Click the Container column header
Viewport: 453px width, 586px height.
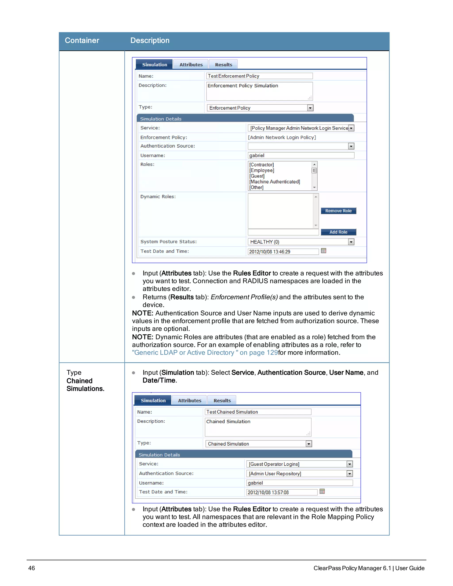(82, 40)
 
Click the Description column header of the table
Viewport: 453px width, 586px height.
(150, 40)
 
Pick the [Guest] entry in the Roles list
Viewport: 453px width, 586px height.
(257, 176)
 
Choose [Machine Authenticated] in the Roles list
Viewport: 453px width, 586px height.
(274, 182)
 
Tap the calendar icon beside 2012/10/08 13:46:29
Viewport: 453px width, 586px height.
(323, 251)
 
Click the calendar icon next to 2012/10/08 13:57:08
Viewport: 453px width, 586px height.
(322, 492)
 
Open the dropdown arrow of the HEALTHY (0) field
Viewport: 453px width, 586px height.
(351, 242)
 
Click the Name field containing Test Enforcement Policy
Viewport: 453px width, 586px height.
(259, 76)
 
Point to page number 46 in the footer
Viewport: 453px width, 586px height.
(31, 568)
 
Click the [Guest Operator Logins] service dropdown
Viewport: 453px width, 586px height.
(299, 464)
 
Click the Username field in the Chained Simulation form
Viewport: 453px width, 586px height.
(299, 483)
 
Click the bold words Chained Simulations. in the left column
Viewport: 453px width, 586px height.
(85, 385)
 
